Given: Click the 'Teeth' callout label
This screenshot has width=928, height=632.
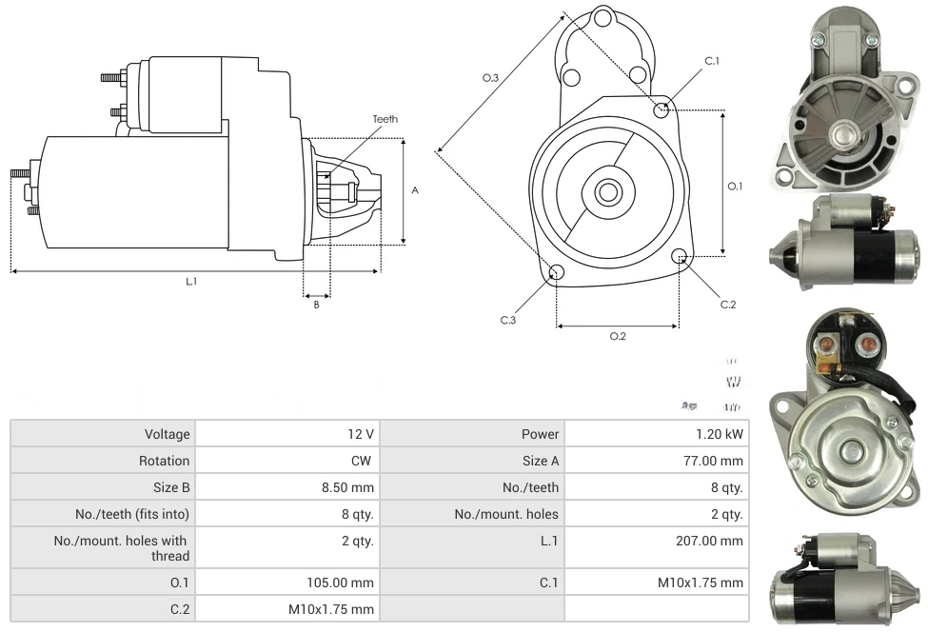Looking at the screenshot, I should point(385,119).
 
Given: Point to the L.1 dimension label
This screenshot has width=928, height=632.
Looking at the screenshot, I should point(191,281).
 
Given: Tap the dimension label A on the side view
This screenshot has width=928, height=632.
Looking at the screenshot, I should point(414,190).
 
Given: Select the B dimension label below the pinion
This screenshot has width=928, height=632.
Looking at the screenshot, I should point(316,305).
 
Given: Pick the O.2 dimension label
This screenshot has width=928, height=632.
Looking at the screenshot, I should point(617,336).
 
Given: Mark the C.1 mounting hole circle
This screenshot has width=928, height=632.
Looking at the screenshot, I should point(661,110).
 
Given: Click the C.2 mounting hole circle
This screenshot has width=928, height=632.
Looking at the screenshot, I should point(679,256).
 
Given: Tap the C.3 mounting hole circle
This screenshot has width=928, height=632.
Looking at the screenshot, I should point(557,273).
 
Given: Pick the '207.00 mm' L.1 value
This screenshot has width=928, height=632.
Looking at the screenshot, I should point(711,541).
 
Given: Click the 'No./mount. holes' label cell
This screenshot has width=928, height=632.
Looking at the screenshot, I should point(506,514).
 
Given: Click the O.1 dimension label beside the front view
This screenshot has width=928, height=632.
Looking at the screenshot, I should point(734,187).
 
